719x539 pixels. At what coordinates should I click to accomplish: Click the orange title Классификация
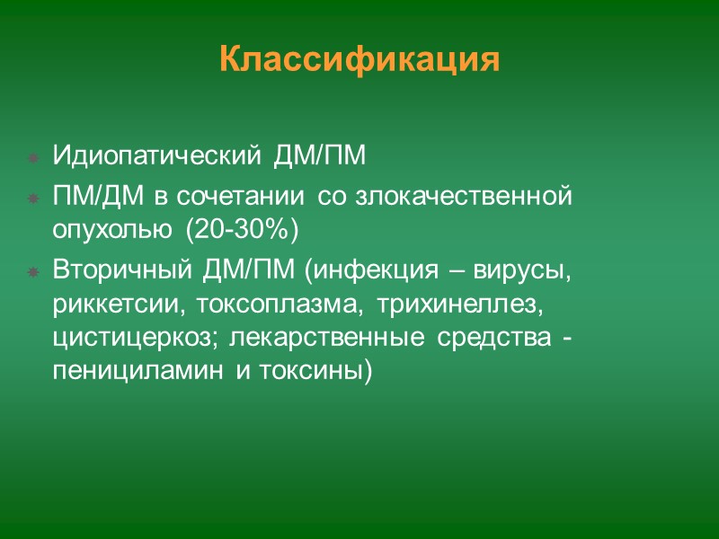tap(359, 59)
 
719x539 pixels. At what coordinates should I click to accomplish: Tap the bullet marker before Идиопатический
tap(32, 158)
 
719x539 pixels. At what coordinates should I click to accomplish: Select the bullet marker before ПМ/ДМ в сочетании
tap(32, 196)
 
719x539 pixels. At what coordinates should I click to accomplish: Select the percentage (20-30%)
tap(240, 231)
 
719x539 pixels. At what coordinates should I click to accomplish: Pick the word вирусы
tap(531, 269)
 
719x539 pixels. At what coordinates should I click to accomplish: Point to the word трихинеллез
tap(461, 306)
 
